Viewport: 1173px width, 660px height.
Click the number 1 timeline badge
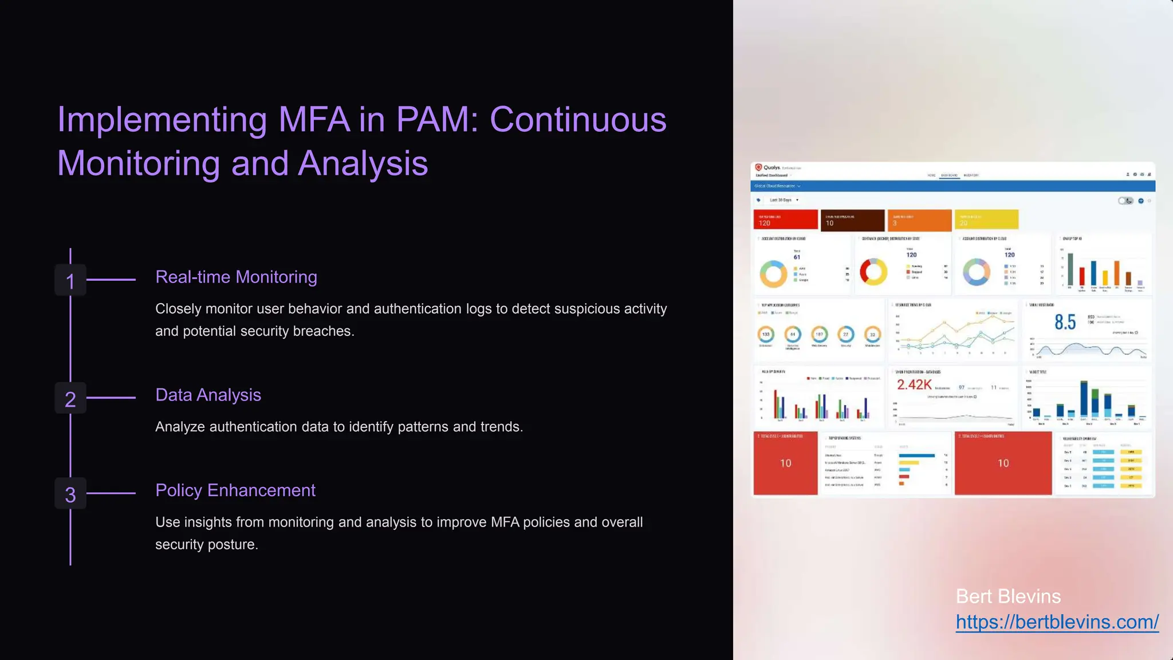tap(70, 280)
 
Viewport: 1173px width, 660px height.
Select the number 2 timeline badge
tap(70, 398)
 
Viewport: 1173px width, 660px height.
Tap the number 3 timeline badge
tap(70, 494)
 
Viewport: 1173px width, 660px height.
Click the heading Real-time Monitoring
tap(236, 277)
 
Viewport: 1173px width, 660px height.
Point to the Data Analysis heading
tap(208, 395)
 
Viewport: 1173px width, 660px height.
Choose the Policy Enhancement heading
tap(235, 490)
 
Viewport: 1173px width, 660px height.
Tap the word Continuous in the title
tap(578, 120)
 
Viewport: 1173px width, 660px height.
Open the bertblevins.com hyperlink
tap(1057, 622)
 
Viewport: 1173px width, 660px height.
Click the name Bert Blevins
tap(1008, 596)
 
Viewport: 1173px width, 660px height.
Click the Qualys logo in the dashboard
tap(767, 168)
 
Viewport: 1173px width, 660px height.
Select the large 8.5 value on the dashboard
tap(1065, 323)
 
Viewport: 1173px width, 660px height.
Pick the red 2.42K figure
tap(914, 385)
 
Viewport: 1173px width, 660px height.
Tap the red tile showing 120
tap(785, 220)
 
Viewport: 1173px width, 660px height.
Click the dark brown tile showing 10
tap(852, 220)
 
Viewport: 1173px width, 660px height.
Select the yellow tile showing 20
tap(986, 220)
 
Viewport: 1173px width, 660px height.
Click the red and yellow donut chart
tap(873, 272)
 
